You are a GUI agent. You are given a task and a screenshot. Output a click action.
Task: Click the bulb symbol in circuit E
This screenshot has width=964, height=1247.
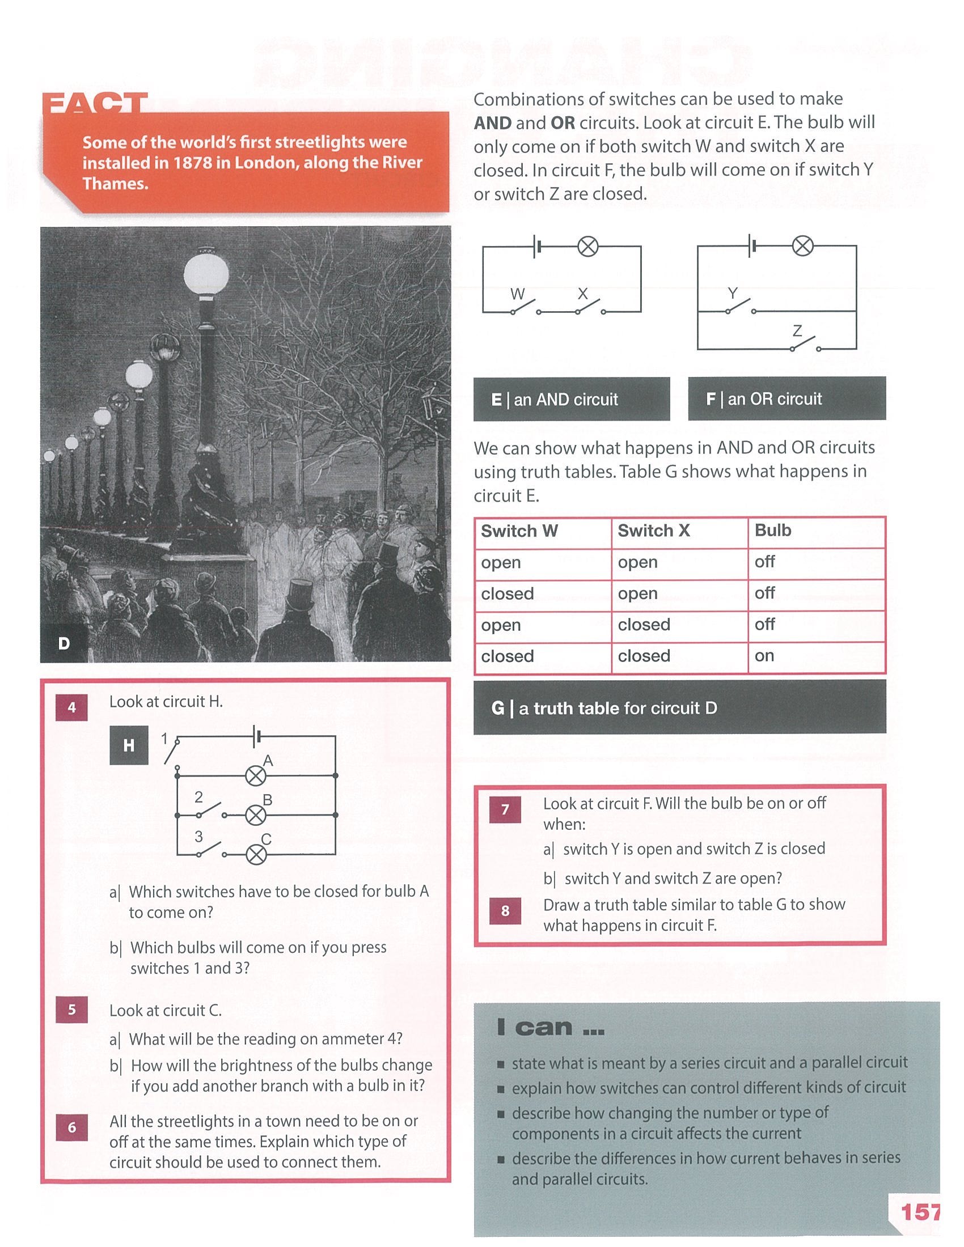coord(587,247)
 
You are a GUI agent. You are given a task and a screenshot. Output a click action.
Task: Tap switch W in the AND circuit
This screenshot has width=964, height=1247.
coord(525,308)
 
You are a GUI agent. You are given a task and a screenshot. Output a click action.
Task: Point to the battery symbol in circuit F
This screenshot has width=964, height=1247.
coord(752,246)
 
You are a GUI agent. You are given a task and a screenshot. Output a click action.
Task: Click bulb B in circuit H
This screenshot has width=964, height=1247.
coord(256,815)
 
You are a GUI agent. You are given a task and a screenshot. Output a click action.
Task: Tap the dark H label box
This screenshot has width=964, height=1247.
coord(129,745)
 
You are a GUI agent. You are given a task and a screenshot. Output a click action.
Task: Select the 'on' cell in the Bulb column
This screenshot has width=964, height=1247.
coord(764,656)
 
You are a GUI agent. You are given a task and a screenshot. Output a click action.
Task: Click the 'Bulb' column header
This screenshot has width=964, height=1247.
coord(773,531)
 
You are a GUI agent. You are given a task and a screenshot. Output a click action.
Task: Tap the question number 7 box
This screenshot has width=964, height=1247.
coord(505,809)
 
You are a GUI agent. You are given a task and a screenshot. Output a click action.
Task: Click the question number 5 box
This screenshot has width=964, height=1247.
coord(72,1010)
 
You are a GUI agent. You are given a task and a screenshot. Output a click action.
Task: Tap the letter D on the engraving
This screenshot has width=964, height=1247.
coord(64,643)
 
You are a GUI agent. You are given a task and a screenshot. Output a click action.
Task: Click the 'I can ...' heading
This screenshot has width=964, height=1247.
coord(550,1027)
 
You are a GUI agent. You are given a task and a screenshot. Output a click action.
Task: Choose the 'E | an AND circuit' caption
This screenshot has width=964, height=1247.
coord(555,400)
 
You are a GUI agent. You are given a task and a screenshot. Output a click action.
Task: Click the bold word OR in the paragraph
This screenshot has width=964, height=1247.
coord(563,123)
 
